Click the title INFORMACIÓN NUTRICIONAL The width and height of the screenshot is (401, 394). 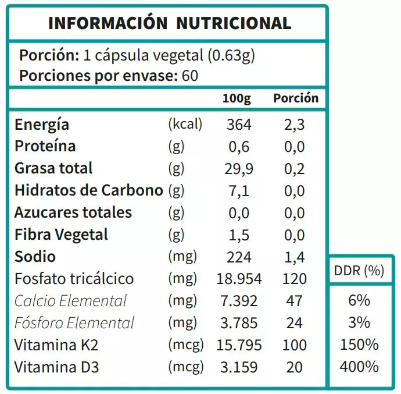pyautogui.click(x=170, y=23)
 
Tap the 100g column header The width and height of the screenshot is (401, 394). pyautogui.click(x=237, y=98)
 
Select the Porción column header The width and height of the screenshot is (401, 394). pyautogui.click(x=296, y=98)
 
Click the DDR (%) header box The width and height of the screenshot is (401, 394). pyautogui.click(x=359, y=271)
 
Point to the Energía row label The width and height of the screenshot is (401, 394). pyautogui.click(x=42, y=125)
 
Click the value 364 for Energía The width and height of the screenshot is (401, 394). pyautogui.click(x=239, y=125)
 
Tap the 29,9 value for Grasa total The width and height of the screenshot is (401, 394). pyautogui.click(x=238, y=169)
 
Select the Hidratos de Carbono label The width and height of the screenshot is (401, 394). pyautogui.click(x=88, y=191)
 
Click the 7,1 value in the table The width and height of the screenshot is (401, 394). pyautogui.click(x=239, y=191)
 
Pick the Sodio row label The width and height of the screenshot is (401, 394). pyautogui.click(x=35, y=257)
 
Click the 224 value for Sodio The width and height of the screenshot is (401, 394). pyautogui.click(x=239, y=257)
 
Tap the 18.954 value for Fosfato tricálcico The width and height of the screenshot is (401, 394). pyautogui.click(x=239, y=279)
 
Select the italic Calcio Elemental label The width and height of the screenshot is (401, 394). pyautogui.click(x=70, y=301)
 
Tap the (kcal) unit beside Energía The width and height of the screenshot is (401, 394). pyautogui.click(x=185, y=125)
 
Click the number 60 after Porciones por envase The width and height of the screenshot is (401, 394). pyautogui.click(x=189, y=76)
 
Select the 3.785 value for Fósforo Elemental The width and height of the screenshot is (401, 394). pyautogui.click(x=239, y=323)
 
